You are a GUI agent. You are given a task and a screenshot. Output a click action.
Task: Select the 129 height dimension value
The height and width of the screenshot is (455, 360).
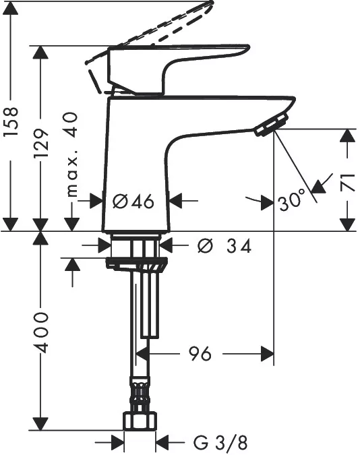(x=41, y=144)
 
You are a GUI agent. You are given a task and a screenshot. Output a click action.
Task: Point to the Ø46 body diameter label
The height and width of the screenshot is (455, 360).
(x=133, y=201)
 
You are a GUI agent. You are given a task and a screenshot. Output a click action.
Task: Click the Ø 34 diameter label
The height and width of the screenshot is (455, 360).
(x=224, y=247)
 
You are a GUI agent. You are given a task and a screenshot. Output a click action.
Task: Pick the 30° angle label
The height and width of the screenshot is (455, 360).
(x=292, y=200)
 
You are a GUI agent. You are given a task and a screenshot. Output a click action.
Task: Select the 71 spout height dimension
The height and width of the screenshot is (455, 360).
(x=349, y=183)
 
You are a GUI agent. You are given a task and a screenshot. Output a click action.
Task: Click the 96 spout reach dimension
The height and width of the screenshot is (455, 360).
(x=200, y=353)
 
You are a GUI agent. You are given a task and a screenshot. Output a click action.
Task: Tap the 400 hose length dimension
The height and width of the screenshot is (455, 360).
(x=41, y=332)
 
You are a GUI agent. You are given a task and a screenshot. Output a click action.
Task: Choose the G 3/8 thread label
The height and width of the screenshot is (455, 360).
(x=220, y=443)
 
